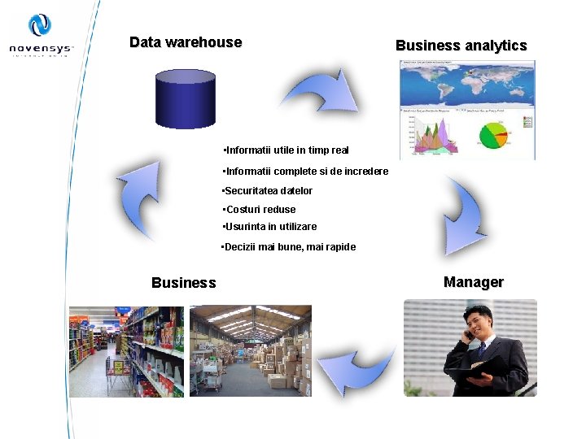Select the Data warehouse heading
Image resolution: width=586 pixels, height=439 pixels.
(x=186, y=42)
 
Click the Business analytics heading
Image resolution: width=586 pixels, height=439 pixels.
(x=461, y=46)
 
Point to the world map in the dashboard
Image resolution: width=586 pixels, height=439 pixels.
(x=467, y=83)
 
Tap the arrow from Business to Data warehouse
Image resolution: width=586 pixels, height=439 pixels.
(x=138, y=199)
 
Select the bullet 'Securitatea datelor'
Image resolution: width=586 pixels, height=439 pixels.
(x=267, y=191)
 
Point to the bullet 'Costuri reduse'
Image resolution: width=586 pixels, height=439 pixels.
(x=259, y=210)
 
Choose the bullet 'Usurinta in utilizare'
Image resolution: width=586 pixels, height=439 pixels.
(x=269, y=227)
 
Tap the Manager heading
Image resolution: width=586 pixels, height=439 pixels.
(x=473, y=282)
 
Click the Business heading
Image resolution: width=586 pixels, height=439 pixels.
(x=184, y=283)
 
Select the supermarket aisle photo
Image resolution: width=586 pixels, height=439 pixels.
(x=127, y=351)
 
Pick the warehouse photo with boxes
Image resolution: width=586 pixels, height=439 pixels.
(x=251, y=351)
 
